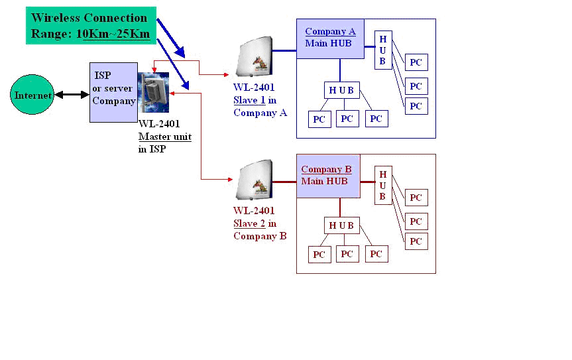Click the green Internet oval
coord(33,95)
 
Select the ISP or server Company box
coord(113,92)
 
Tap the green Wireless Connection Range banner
coord(91,26)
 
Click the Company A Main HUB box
coord(330,38)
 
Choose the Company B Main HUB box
coord(327,176)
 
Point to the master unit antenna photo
coord(152,92)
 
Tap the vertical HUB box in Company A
coord(383,50)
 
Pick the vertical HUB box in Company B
coord(383,185)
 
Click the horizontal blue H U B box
coord(341,90)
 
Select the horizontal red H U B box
coord(341,225)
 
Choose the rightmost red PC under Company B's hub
coord(376,254)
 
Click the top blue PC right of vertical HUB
coord(416,63)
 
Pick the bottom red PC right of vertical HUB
coord(416,241)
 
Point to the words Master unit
coord(165,137)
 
